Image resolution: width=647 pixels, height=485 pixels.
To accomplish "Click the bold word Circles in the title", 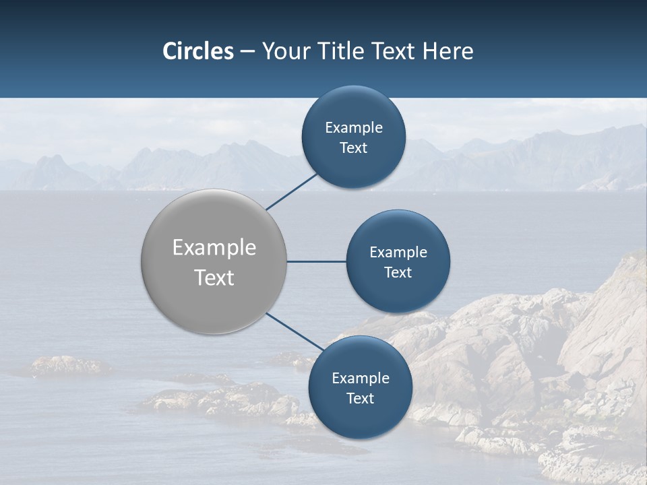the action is [x=198, y=51].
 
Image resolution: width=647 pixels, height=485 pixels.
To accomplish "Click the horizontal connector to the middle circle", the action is [x=316, y=261].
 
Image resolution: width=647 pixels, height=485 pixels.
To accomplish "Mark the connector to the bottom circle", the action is [x=294, y=331].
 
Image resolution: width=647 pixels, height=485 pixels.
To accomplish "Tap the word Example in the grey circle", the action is [x=214, y=248].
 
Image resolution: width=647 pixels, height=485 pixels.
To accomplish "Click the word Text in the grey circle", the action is [x=214, y=278].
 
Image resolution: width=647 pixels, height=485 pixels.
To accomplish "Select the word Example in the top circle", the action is [x=354, y=128].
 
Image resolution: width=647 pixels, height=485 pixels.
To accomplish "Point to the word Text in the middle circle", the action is [x=398, y=273].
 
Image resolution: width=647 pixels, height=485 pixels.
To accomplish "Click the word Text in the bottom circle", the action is [x=360, y=399].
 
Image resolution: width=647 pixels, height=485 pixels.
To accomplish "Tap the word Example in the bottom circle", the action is [x=361, y=379].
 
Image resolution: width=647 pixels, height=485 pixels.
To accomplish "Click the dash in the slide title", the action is [x=247, y=51].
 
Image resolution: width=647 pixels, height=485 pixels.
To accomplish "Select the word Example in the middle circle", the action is [x=398, y=253].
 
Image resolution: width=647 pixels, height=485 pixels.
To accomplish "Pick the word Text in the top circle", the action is [x=353, y=148].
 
